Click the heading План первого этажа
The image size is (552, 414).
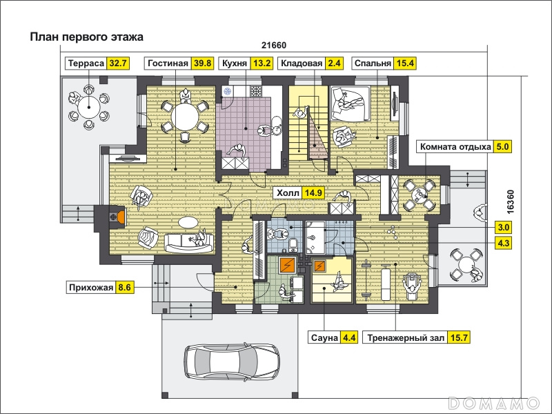coord(87,37)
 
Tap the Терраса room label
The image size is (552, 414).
coord(86,63)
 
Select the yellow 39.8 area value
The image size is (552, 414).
coord(202,63)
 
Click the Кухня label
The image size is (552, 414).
coord(235,63)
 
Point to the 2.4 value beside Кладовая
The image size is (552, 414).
coord(334,63)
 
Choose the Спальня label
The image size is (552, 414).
coord(373,63)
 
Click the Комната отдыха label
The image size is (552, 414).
coord(455,146)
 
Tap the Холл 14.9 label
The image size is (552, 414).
coord(299,193)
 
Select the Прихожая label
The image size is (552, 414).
coord(91,287)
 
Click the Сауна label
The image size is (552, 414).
coord(324,337)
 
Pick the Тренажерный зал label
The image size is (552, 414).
coord(405,337)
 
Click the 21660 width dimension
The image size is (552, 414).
coord(274,46)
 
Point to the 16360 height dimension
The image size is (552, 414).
coord(511,201)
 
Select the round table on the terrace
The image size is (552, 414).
coord(89,107)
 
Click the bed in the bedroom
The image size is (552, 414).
coord(350,103)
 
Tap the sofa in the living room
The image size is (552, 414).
coord(189,243)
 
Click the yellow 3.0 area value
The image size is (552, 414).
coord(503,228)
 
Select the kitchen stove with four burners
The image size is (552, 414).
coord(256,92)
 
